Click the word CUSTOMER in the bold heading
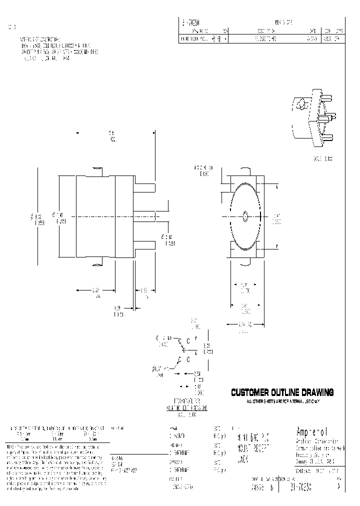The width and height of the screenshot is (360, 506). [x=249, y=392]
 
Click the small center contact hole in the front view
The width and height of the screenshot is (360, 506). [x=244, y=216]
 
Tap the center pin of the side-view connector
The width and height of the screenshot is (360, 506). [x=145, y=216]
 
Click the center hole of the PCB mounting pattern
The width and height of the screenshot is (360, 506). [x=188, y=359]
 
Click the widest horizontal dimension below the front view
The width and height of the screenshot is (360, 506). [x=244, y=325]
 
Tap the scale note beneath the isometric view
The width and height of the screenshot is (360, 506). [x=322, y=158]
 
